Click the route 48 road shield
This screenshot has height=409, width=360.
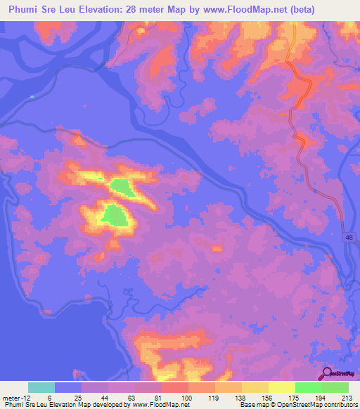pos(349,240)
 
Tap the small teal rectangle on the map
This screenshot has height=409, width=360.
pos(32,96)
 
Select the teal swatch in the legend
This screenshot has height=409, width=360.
pos(41,387)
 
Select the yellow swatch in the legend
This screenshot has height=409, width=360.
pos(282,387)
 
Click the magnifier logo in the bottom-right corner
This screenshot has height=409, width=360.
pos(327,374)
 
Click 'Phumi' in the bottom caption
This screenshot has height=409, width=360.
pos(13,405)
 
